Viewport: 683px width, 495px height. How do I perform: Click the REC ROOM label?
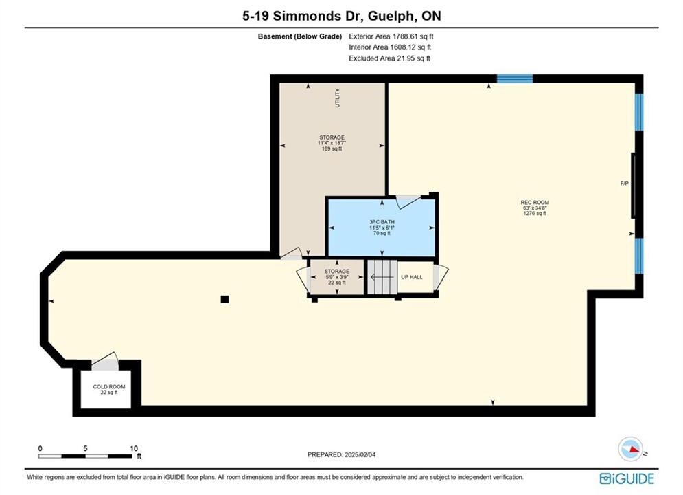[535, 202]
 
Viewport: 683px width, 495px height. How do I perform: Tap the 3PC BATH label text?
[382, 222]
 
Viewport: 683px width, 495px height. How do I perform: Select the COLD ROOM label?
[109, 387]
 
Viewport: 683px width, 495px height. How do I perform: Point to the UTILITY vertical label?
[337, 98]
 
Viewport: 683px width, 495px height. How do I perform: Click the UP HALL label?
[412, 277]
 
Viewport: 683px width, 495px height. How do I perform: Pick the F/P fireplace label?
[624, 184]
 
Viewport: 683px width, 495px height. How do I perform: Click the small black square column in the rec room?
[224, 299]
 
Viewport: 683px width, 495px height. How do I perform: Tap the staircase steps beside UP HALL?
[382, 277]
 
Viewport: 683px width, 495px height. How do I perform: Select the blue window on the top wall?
[515, 78]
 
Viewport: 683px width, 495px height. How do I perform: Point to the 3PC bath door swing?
[408, 201]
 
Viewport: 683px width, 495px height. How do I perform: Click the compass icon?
[630, 449]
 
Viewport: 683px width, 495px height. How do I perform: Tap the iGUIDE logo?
[627, 478]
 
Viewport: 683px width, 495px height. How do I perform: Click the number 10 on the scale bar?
[134, 448]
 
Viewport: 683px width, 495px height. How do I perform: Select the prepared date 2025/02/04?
[360, 455]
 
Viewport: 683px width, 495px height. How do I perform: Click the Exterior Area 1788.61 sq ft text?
[391, 36]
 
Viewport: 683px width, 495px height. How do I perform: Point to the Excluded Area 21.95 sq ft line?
[389, 58]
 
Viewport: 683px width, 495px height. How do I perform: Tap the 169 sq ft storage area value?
[332, 148]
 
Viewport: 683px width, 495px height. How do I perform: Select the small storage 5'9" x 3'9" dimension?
[337, 277]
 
